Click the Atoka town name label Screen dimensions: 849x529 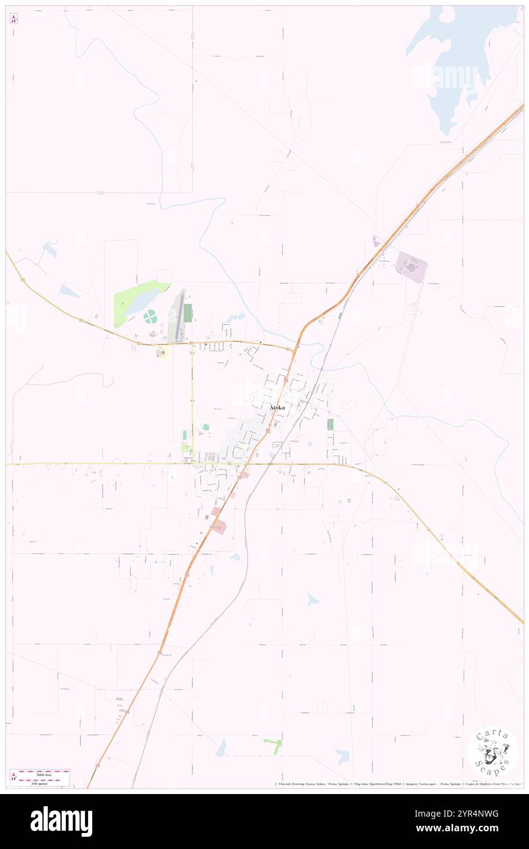coord(277,407)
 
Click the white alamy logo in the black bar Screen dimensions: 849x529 coord(61,821)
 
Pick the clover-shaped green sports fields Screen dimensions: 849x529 coord(150,316)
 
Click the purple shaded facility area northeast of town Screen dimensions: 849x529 coord(411,266)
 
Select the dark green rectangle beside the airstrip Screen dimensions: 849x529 coord(188,313)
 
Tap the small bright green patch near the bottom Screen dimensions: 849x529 coord(273,743)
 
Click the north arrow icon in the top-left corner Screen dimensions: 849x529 coord(13,19)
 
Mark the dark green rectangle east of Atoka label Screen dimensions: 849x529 coord(330,424)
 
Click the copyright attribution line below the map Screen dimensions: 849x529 coord(397,784)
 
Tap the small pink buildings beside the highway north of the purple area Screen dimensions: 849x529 coord(376,243)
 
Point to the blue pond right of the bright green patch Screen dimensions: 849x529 coord(342,756)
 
